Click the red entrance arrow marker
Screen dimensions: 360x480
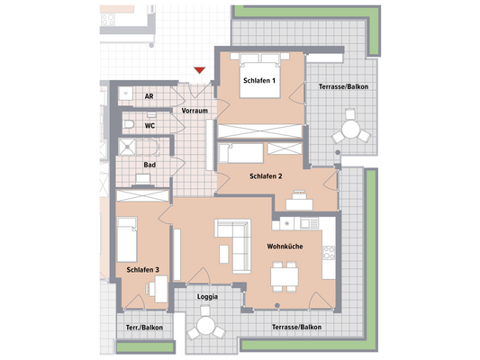[200, 72]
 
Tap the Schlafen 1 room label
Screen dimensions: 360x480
[258, 83]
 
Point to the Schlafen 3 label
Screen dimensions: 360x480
[143, 269]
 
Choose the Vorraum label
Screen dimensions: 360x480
[195, 111]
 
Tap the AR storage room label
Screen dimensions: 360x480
[149, 94]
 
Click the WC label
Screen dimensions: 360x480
[150, 126]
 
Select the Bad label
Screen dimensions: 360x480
[149, 165]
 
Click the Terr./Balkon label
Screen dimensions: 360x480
[143, 328]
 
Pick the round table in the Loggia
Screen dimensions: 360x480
[207, 326]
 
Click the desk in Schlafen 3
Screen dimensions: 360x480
[160, 288]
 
